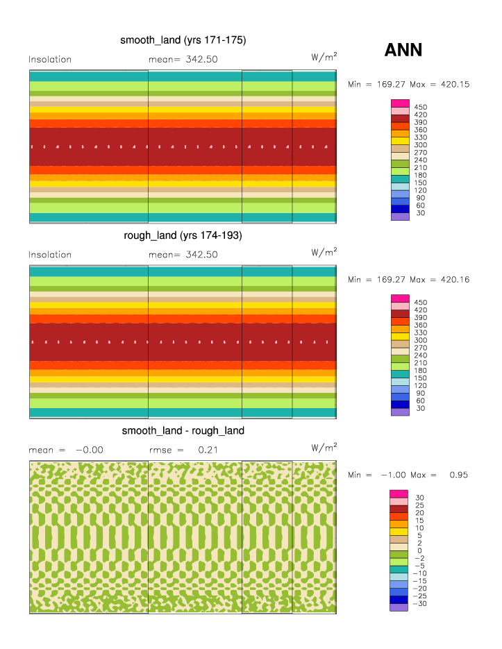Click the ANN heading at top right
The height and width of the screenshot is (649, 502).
[x=403, y=50]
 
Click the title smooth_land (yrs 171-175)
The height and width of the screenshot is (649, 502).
[x=183, y=40]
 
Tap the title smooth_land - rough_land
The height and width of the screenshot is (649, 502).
[x=183, y=430]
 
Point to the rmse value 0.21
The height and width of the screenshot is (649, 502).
[x=205, y=450]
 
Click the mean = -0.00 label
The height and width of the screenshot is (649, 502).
[x=66, y=450]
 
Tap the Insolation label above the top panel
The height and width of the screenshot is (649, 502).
[x=50, y=60]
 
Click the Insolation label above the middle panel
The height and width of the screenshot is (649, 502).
[x=50, y=255]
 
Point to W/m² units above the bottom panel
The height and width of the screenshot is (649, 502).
[x=324, y=446]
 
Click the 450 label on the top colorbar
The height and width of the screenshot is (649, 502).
[x=421, y=107]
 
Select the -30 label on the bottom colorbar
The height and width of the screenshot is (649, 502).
[x=420, y=604]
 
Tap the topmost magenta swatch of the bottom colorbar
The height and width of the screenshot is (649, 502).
[x=400, y=494]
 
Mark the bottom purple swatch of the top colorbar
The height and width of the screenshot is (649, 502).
[x=400, y=217]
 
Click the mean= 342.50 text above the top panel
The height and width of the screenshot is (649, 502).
[x=183, y=60]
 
